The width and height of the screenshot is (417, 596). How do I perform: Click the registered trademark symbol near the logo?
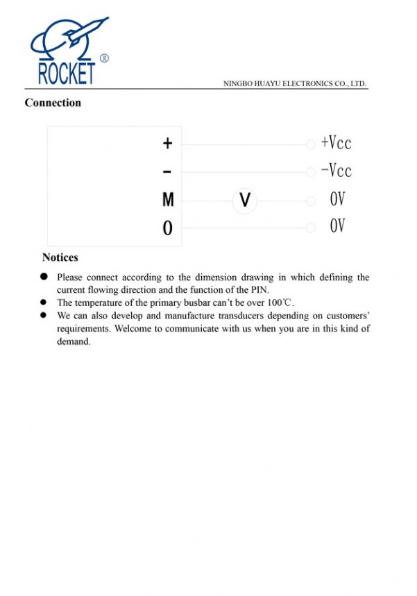[104, 58]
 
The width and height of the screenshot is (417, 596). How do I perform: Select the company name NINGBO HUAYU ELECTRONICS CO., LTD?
[295, 84]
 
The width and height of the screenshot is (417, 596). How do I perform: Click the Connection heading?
[53, 103]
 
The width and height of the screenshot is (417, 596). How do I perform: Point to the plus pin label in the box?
[167, 144]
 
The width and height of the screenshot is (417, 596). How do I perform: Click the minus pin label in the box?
[167, 171]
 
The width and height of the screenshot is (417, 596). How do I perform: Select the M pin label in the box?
[168, 201]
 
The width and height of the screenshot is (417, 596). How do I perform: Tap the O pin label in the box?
[167, 228]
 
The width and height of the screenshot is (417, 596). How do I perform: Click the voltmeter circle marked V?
[244, 201]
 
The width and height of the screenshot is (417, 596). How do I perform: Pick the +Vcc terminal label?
[337, 143]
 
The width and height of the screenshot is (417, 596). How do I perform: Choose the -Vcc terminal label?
[337, 171]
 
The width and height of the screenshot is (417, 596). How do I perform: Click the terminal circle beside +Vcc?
[311, 144]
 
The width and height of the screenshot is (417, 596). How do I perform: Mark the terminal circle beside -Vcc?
[311, 172]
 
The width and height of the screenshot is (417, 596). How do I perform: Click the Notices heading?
[60, 257]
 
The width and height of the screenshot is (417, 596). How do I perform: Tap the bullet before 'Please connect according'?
[43, 277]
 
